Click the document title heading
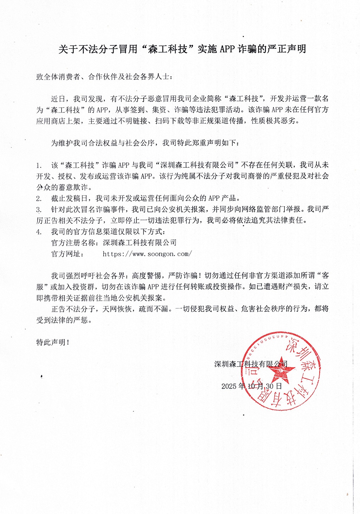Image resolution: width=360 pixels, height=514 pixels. tap(182, 49)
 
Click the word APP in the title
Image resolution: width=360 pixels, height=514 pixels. tap(227, 49)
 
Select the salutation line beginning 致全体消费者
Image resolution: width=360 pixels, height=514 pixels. tap(104, 76)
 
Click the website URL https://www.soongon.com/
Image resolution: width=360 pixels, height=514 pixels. tap(147, 254)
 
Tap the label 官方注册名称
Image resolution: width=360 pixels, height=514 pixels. tap(74, 242)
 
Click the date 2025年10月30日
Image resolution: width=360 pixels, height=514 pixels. tap(251, 386)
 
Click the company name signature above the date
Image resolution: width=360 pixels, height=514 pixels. tap(251, 364)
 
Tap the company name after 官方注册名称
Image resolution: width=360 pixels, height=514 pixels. tap(140, 242)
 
